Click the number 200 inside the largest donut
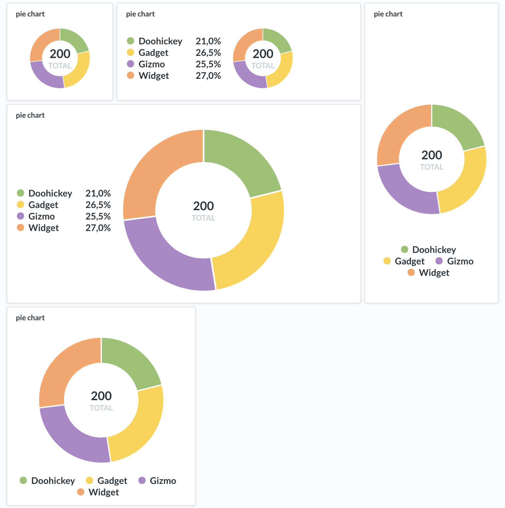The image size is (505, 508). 203,206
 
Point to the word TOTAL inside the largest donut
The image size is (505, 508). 203,218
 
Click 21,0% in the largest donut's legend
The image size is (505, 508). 98,194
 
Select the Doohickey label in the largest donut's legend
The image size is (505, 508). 50,194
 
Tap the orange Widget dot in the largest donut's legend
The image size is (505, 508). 21,228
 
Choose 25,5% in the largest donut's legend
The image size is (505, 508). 98,217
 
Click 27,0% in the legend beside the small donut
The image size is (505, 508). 208,76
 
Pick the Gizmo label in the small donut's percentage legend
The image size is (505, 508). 152,64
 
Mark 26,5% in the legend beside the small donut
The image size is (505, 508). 208,53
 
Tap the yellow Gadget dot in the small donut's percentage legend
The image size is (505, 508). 130,53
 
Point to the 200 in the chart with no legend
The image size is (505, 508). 60,54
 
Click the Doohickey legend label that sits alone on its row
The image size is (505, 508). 434,250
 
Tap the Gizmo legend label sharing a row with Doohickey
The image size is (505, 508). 163,481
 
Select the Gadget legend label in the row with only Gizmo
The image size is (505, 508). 410,261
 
